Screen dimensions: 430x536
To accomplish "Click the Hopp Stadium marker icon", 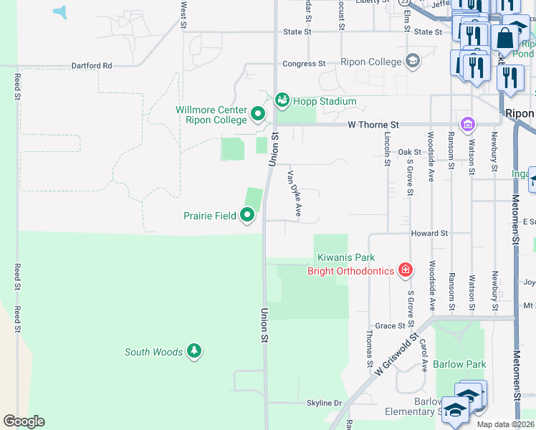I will tap(282, 100).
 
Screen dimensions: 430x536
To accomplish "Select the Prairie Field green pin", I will tap(248, 215).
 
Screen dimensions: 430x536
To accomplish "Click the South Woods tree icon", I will tap(193, 350).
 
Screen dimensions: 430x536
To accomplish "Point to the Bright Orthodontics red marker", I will tap(406, 270).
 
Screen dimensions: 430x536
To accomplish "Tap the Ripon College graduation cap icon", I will tap(412, 62).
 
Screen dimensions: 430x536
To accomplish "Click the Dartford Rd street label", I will tap(92, 65).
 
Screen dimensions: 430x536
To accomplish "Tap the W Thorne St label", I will tap(373, 125).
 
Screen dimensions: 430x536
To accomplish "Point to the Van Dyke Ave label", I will tap(295, 193).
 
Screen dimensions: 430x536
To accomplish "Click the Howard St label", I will tap(429, 234).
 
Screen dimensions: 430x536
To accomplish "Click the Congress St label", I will tap(303, 64).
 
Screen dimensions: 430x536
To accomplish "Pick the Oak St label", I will tap(409, 152).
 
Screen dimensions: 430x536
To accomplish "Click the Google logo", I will tap(24, 421).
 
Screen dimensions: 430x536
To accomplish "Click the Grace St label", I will tap(391, 325).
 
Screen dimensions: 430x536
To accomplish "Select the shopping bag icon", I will tap(504, 38).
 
